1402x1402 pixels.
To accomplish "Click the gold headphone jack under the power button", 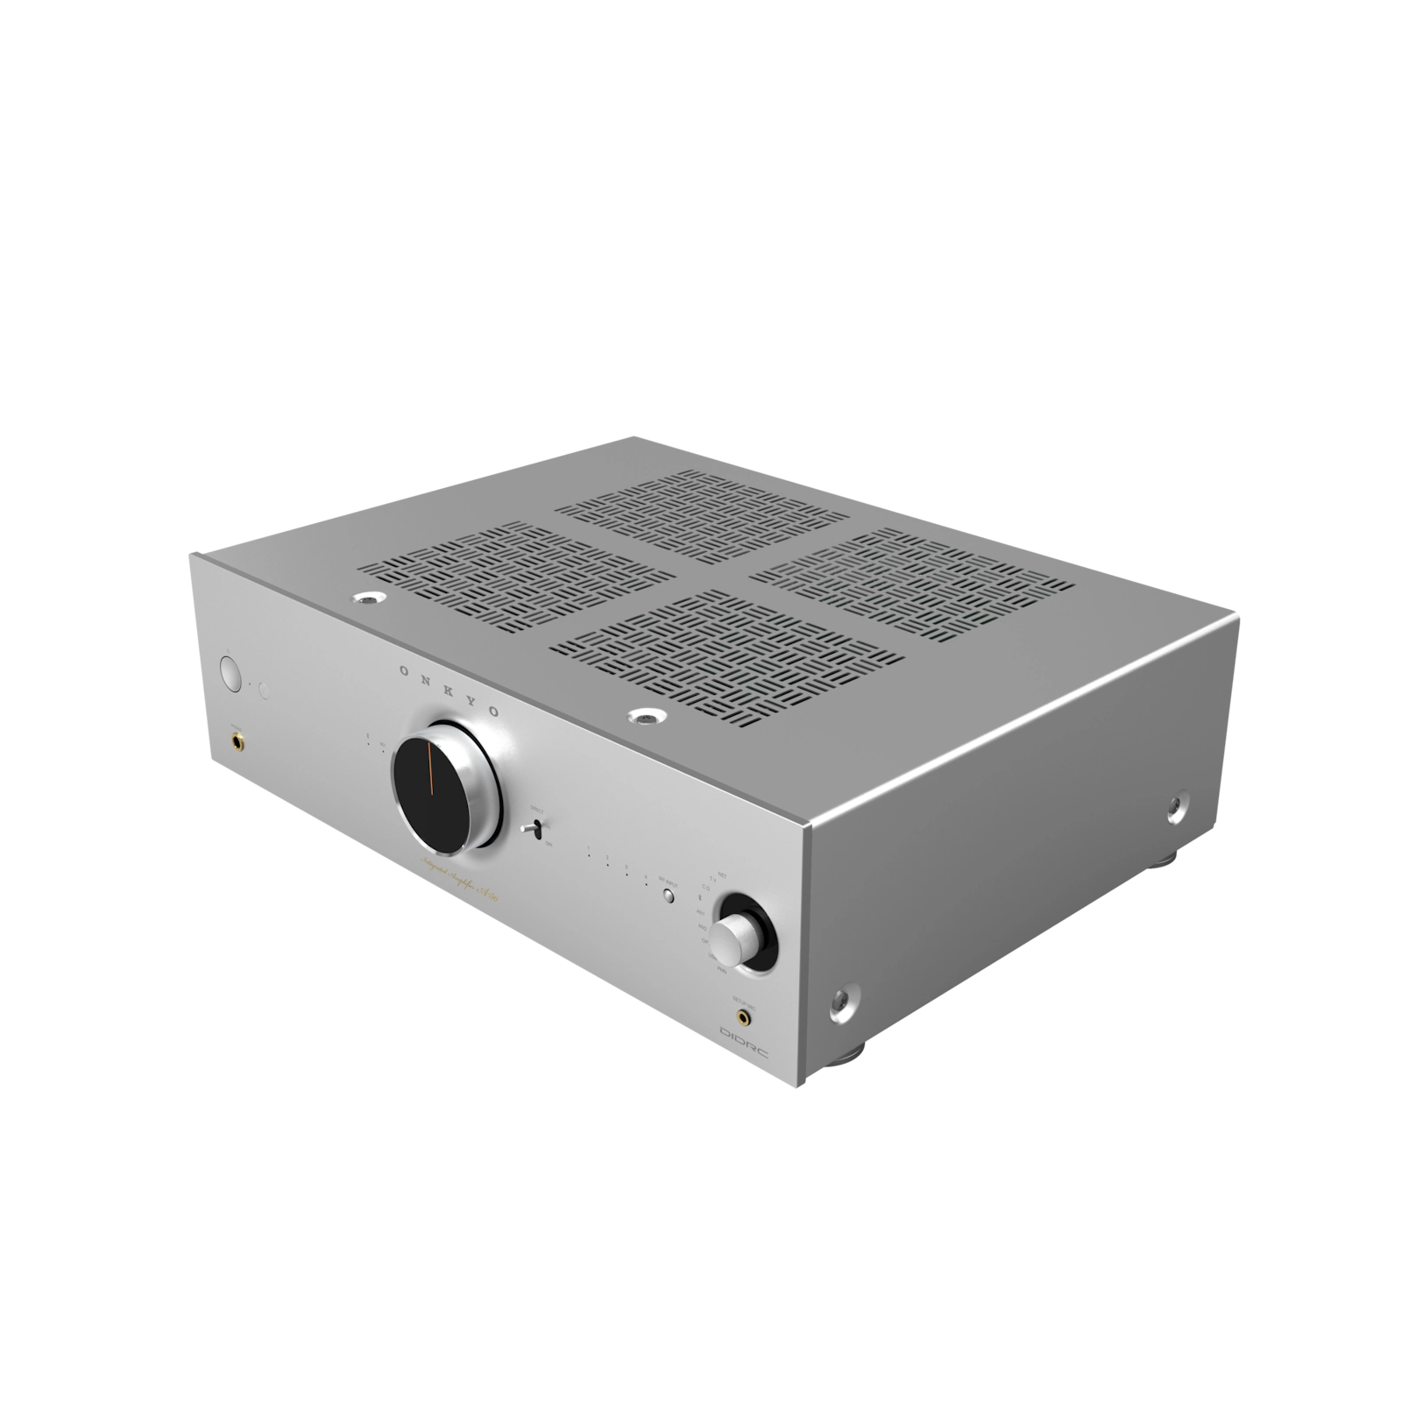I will point(238,742).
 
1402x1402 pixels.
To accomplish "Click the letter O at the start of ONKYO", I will point(403,670).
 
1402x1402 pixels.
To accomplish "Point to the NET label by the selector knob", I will point(723,875).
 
